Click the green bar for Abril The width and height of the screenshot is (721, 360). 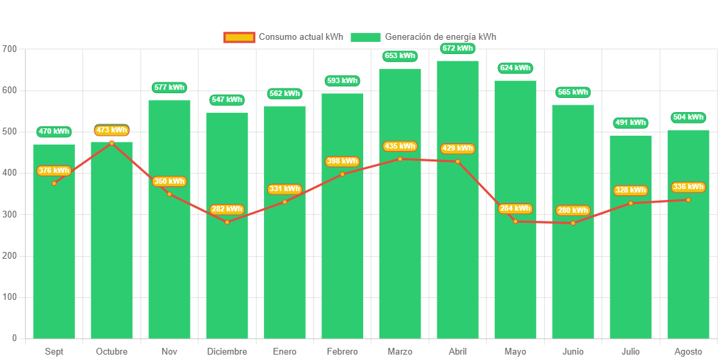tap(458, 257)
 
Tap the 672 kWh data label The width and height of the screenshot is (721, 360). tap(458, 49)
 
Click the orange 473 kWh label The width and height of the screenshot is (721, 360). tap(111, 130)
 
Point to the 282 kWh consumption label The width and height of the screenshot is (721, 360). tap(226, 209)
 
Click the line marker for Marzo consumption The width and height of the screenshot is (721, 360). tap(400, 159)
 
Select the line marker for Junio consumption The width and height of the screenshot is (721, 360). tap(573, 223)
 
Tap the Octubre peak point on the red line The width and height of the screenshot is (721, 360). tap(111, 143)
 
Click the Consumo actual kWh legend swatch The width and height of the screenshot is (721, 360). tap(239, 37)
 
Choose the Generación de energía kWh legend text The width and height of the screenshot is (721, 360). tap(440, 37)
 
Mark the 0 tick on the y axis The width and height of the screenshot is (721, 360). tap(14, 338)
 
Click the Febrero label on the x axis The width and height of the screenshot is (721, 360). tap(342, 351)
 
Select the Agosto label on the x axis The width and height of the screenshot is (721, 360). tap(688, 351)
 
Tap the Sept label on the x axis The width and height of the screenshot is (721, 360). tap(54, 351)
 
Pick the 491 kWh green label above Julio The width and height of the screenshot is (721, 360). tap(631, 123)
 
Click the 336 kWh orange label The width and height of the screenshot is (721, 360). tap(688, 187)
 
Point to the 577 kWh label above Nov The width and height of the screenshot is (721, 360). tap(169, 87)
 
